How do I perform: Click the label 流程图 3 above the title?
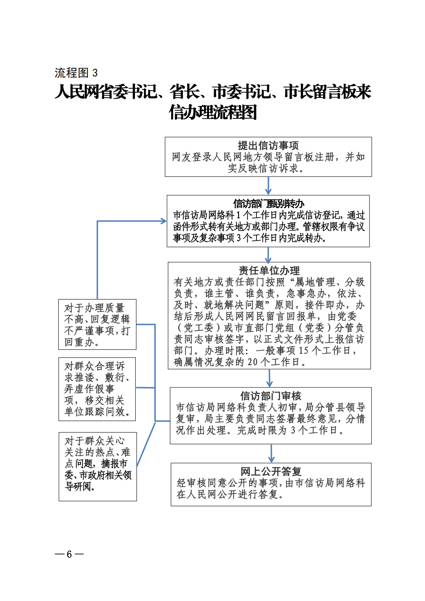[x=76, y=72]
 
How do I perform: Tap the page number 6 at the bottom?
[x=69, y=554]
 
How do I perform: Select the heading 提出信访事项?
[x=268, y=145]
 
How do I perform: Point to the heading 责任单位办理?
[x=269, y=270]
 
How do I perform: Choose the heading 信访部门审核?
[x=270, y=396]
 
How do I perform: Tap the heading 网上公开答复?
[x=271, y=471]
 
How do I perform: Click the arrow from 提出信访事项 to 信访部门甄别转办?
[x=268, y=186]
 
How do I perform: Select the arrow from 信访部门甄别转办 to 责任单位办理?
[x=268, y=254]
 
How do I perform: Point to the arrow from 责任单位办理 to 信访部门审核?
[x=269, y=378]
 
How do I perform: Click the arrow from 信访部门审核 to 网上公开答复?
[x=271, y=453]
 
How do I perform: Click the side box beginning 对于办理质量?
[x=97, y=324]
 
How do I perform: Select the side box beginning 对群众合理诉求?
[x=97, y=389]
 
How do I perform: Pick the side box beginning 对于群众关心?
[x=98, y=466]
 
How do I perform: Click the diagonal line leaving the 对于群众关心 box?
[x=146, y=444]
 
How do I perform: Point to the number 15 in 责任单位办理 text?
[x=304, y=350]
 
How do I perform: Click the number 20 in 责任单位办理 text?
[x=253, y=362]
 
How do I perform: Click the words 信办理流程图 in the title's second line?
[x=213, y=113]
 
